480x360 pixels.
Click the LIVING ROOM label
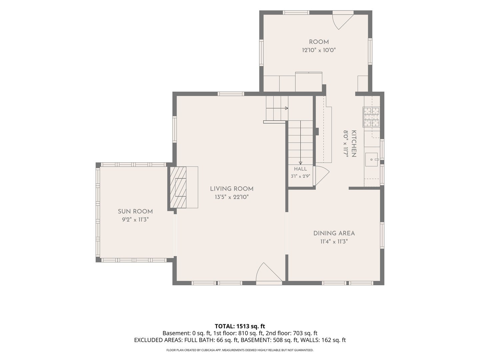(232, 189)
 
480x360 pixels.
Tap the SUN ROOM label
(135, 211)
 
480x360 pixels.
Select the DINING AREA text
(334, 233)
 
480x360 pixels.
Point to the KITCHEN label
(354, 144)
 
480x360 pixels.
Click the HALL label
(300, 169)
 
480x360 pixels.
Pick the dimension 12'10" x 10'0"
(319, 50)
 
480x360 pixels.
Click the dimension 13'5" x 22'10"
(232, 197)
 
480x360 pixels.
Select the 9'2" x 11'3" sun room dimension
(135, 220)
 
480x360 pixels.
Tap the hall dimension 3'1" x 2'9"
(300, 176)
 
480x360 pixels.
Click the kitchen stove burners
(371, 117)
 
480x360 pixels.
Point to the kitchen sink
(371, 160)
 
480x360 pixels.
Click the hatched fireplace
(178, 187)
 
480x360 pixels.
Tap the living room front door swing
(269, 272)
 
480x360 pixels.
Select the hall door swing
(321, 176)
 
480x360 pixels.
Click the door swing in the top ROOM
(343, 21)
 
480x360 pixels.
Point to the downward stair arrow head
(300, 163)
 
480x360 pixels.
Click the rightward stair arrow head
(286, 108)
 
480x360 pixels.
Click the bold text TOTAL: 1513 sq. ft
(240, 326)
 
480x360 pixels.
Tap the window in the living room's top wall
(231, 94)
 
